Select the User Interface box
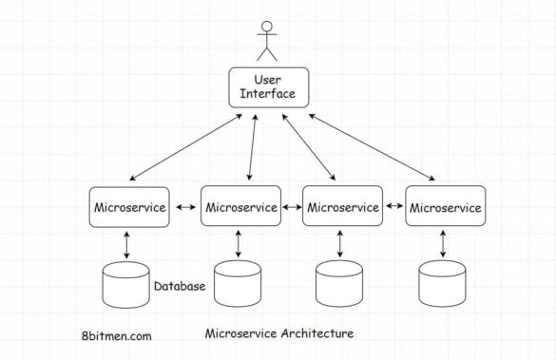point(268,87)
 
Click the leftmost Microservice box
point(129,206)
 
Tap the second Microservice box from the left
point(240,206)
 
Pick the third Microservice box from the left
point(342,206)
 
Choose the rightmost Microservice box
point(444,206)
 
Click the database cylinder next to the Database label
point(127,286)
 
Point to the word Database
point(180,286)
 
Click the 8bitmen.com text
point(116,335)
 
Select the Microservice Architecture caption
point(279,333)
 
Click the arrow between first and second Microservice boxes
point(185,206)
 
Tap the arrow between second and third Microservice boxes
point(291,206)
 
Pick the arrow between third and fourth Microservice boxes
point(393,206)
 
